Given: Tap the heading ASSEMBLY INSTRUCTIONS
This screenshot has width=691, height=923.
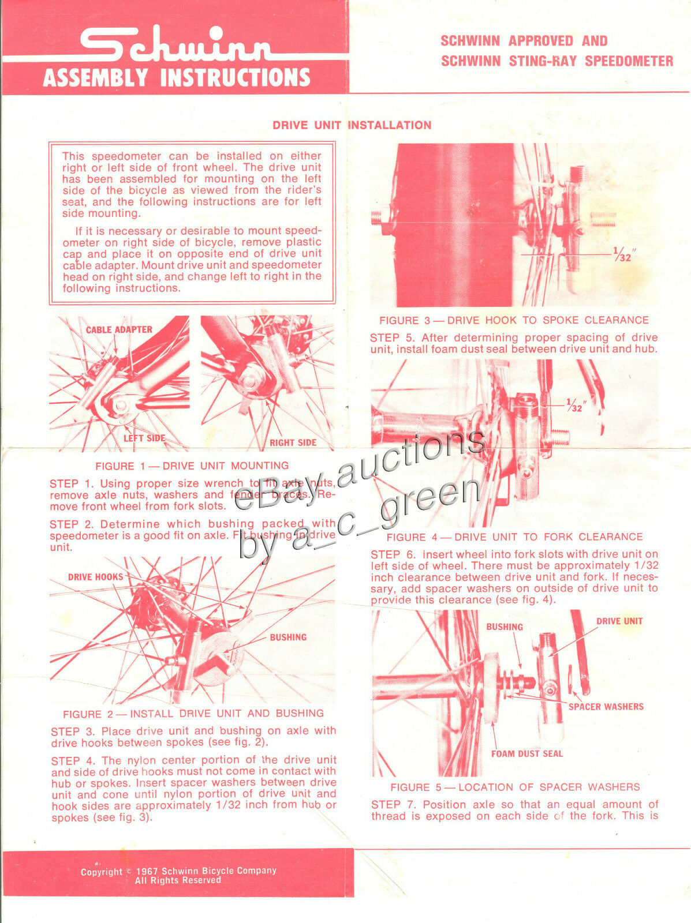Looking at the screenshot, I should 176,77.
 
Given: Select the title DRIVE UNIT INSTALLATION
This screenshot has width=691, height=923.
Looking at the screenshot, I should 352,125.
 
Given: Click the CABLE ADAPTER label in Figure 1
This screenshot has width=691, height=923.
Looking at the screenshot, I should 119,330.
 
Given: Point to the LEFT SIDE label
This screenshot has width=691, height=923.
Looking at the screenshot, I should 144,438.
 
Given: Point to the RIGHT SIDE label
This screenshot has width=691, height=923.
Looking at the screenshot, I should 293,443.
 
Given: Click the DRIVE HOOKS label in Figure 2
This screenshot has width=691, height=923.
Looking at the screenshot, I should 95,577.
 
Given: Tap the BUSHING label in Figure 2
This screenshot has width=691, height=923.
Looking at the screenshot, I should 288,637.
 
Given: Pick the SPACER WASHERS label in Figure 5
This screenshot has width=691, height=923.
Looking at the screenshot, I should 606,707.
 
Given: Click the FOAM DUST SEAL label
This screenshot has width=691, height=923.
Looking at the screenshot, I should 526,754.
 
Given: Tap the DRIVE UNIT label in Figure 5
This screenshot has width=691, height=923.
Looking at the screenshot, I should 619,621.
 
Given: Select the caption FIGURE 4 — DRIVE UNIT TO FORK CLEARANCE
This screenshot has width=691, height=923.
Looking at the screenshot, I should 514,537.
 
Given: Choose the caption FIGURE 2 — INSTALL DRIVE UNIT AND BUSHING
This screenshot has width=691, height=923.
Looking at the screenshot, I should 193,714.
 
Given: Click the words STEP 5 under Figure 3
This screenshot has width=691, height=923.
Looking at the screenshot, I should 393,337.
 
